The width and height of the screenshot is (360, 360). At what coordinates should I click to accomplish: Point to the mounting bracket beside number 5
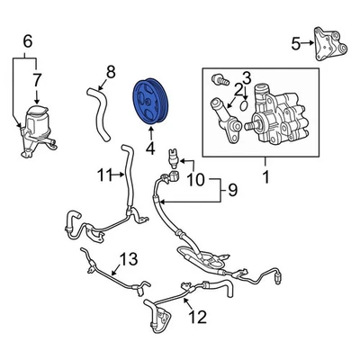(328, 45)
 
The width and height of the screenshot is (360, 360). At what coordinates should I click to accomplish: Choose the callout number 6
(26, 40)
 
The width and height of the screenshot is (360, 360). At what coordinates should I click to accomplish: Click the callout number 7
(37, 81)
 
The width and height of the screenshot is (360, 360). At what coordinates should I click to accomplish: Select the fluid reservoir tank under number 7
(38, 126)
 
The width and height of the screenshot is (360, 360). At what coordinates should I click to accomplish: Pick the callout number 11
(105, 175)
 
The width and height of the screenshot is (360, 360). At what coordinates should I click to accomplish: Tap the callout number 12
(199, 316)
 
